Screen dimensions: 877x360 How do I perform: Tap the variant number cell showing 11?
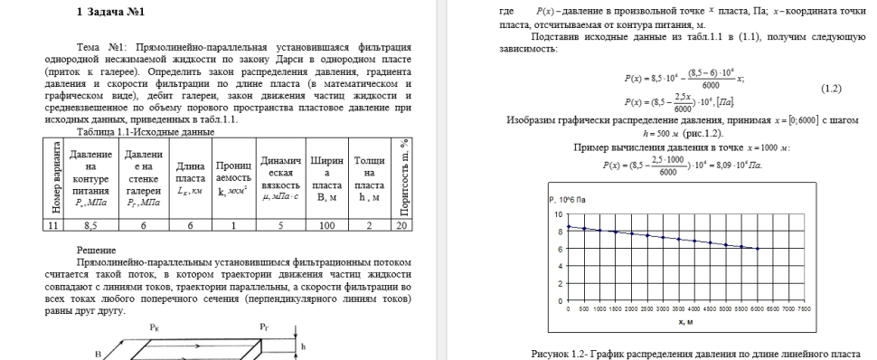(54, 226)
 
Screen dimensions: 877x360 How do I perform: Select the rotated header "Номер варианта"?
(54, 179)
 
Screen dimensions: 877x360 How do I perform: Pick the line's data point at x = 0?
(569, 227)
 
